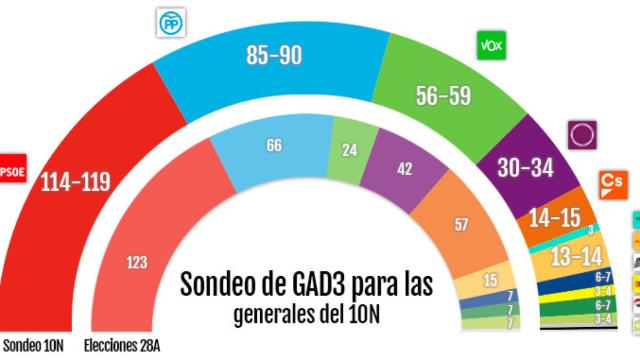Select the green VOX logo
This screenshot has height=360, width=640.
click(x=491, y=45)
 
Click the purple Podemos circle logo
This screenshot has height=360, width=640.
click(x=580, y=134)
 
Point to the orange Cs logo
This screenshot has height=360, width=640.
click(x=612, y=183)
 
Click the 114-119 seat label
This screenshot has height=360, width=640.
click(x=75, y=181)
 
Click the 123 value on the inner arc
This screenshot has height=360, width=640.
click(x=137, y=262)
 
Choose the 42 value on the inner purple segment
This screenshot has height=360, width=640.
click(x=404, y=170)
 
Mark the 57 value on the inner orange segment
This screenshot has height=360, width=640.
click(x=461, y=225)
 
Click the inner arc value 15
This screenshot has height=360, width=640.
click(x=489, y=280)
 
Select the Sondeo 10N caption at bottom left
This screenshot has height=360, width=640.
click(x=35, y=347)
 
